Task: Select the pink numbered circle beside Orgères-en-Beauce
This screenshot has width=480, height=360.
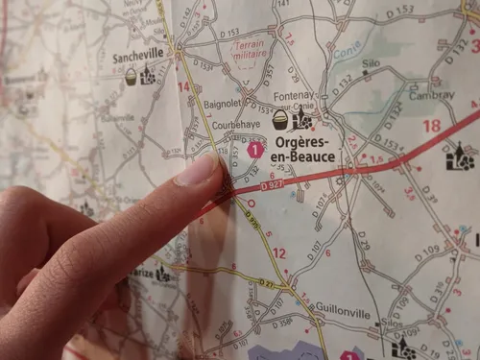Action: (254, 149)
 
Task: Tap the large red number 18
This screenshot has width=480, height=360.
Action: (431, 126)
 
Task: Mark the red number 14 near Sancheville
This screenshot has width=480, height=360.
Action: (183, 87)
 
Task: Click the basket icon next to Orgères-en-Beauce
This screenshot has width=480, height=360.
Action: (280, 120)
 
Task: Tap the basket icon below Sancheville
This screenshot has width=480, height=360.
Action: (131, 77)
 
